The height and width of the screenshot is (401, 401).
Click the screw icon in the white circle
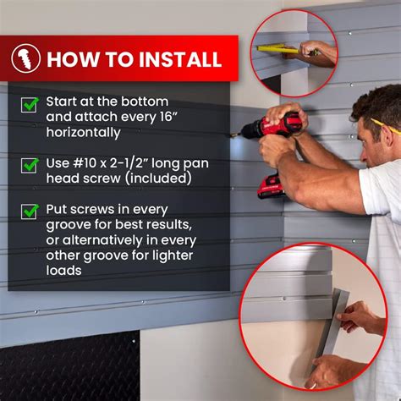pos(26,58)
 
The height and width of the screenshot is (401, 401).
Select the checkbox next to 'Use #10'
pos(30,166)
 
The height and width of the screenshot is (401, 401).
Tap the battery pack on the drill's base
pos(270,185)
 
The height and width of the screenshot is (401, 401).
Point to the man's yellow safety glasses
pos(385,126)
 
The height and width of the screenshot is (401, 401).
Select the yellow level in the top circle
pos(283,49)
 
